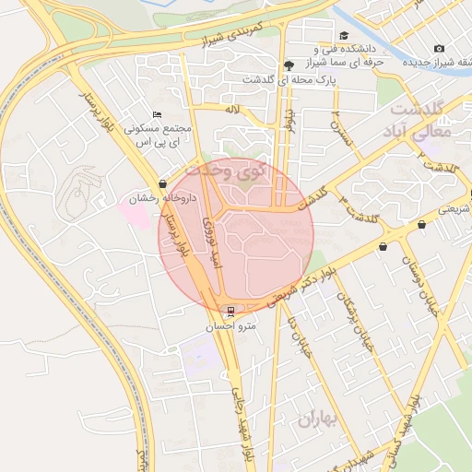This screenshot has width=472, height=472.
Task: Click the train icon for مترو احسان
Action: coord(230,310)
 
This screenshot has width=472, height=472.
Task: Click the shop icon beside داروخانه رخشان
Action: coord(163,183)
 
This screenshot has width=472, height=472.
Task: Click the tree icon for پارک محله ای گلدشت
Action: coord(289,65)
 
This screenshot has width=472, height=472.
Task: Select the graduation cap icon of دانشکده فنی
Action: coord(368,36)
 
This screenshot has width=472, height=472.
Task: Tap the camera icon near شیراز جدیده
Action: coord(439,48)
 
